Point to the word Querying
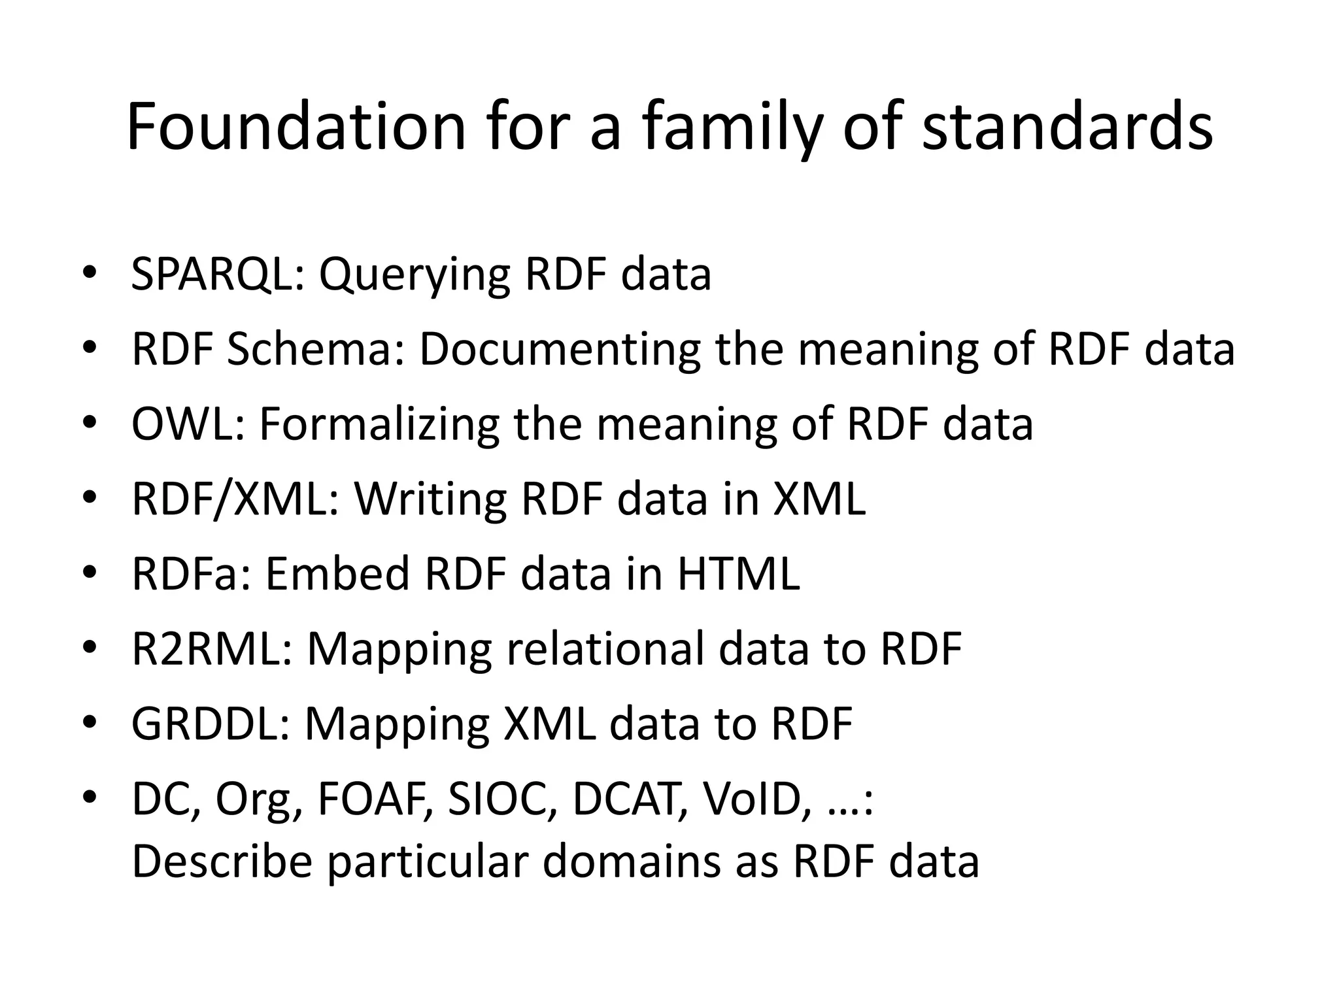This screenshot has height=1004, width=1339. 414,275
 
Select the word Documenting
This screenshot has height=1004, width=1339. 560,349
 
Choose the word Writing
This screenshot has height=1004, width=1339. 431,499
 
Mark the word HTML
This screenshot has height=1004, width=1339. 738,574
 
